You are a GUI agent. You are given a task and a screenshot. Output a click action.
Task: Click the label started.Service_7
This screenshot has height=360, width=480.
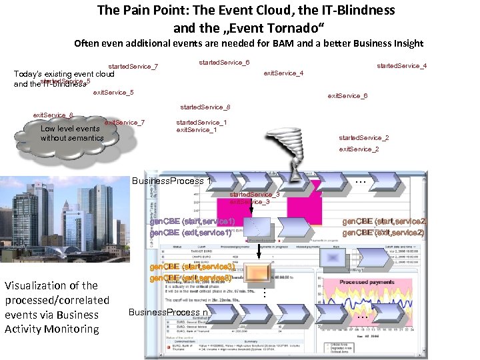(133, 67)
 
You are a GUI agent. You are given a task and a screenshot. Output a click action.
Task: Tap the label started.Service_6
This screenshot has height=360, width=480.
(225, 63)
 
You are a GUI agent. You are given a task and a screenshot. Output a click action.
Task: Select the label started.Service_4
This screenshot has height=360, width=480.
(401, 66)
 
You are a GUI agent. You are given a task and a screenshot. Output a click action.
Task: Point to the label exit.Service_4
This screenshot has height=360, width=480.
(284, 73)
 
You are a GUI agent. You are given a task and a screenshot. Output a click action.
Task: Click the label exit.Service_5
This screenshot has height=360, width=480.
(113, 92)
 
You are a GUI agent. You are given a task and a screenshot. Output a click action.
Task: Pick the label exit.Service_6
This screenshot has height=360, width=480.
(347, 96)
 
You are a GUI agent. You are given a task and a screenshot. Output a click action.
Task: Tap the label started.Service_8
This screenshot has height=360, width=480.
(205, 107)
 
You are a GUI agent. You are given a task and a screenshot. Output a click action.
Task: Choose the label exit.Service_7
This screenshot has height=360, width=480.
(125, 123)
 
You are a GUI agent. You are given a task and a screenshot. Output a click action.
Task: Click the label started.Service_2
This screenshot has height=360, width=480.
(363, 138)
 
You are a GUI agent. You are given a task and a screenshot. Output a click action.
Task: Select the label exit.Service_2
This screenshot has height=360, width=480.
(359, 149)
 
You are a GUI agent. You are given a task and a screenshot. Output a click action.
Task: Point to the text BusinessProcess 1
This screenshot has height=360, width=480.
(172, 181)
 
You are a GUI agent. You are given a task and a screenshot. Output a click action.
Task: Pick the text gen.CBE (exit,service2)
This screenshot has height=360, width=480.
(383, 233)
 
